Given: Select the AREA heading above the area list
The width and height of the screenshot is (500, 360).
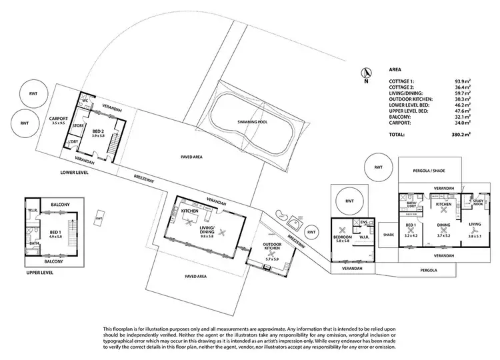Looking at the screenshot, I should (395, 69).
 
